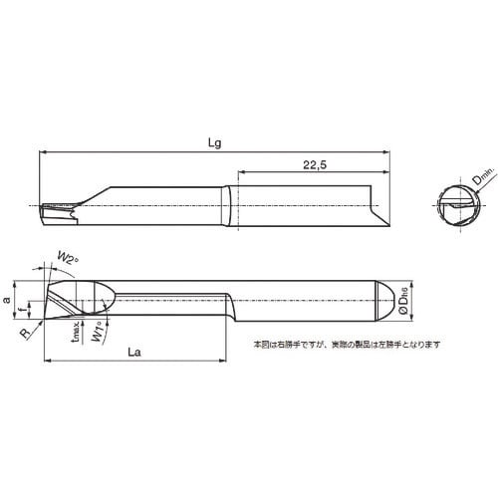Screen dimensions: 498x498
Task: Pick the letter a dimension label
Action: click(x=10, y=298)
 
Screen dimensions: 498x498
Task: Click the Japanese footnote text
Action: click(x=334, y=345)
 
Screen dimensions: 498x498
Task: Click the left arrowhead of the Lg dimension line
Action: click(x=42, y=151)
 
